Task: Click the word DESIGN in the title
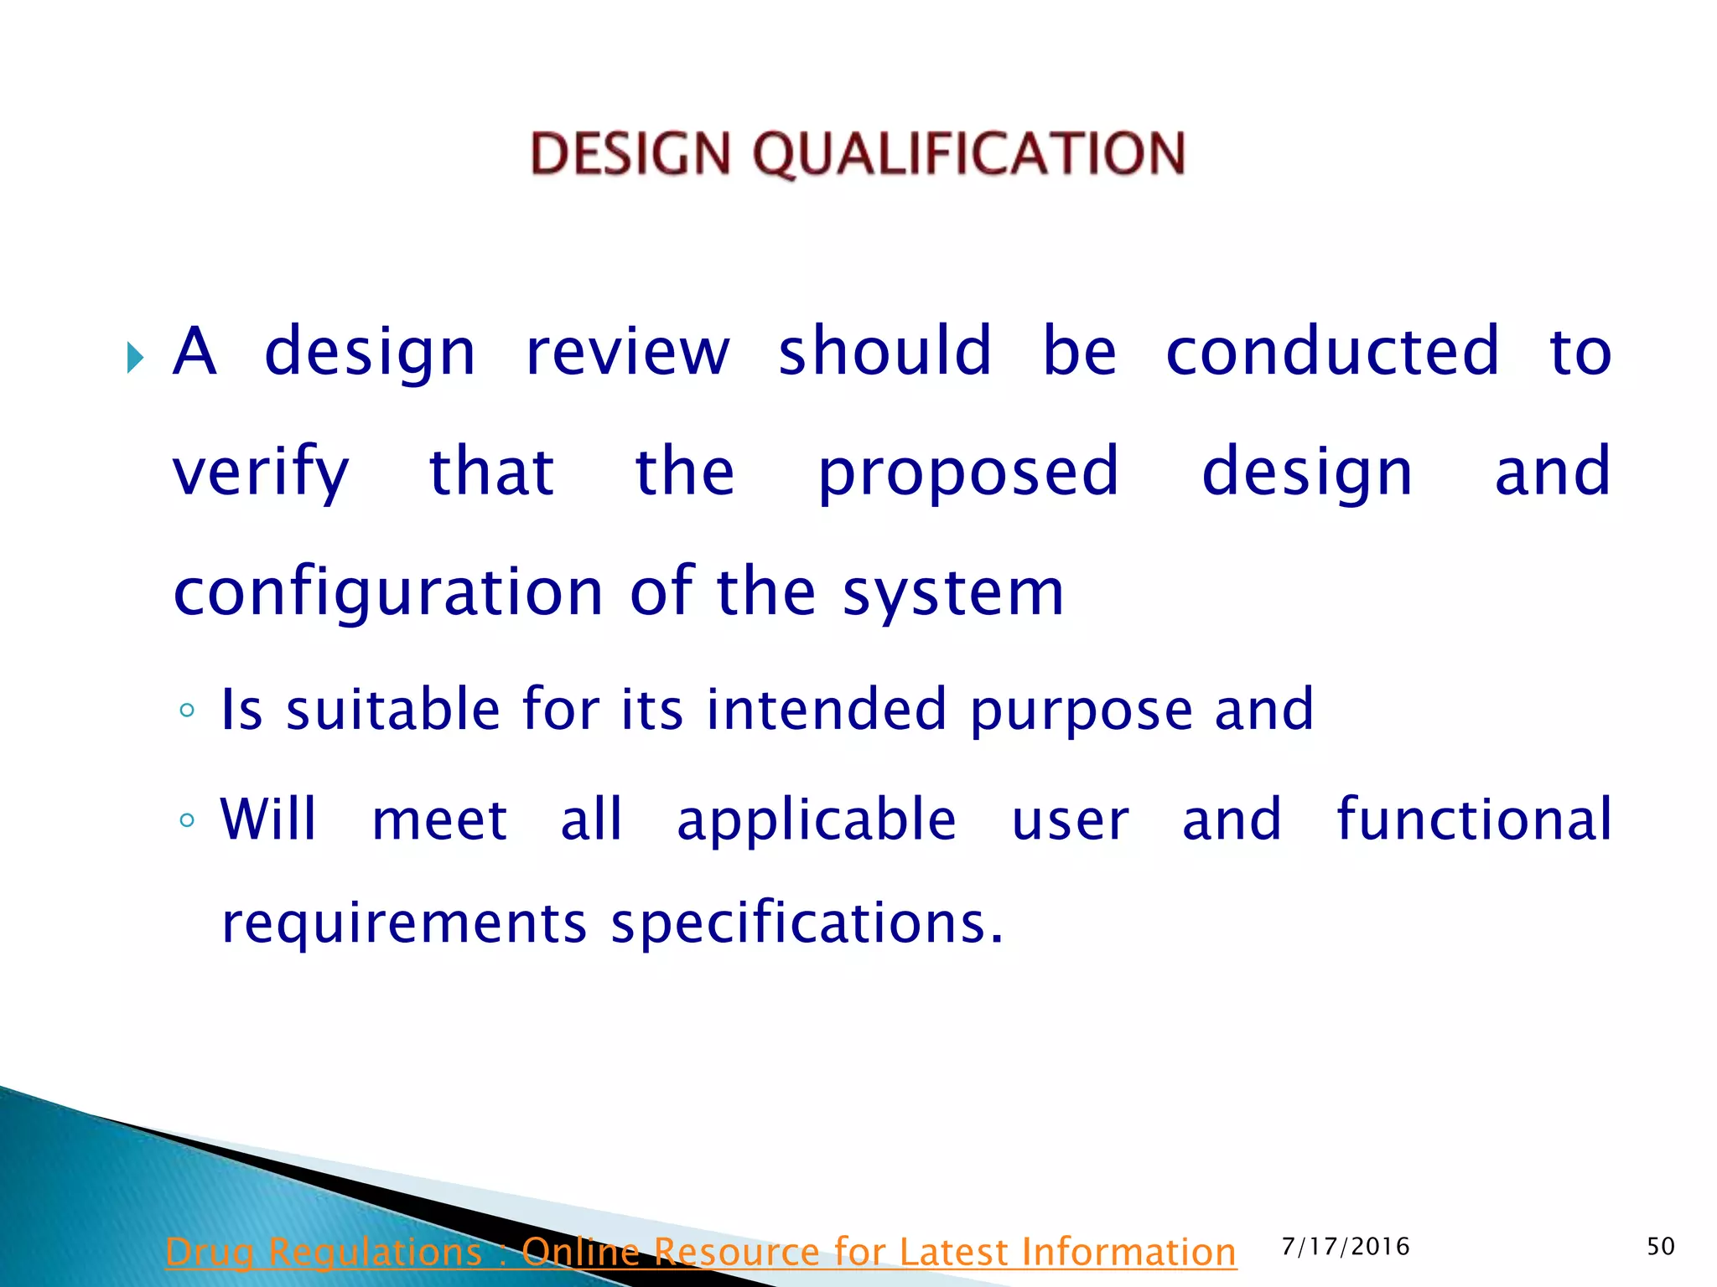630,154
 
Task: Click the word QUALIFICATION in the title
968,154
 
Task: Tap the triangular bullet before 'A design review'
135,358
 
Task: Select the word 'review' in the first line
627,352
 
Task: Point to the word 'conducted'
1332,352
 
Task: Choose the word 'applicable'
817,821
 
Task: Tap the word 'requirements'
404,924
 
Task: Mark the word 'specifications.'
807,924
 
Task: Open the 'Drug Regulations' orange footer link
700,1252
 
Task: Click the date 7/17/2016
1345,1247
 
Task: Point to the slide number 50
1660,1247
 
